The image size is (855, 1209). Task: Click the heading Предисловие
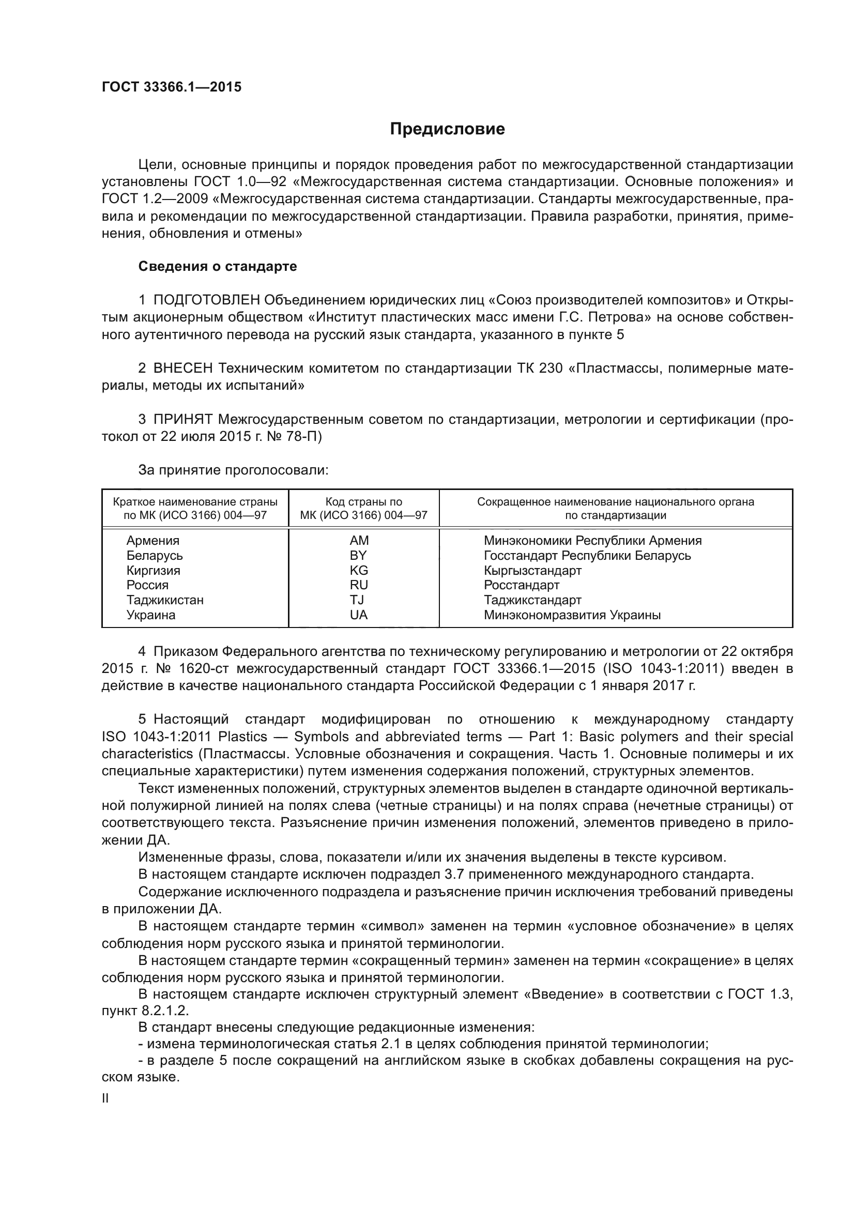[447, 129]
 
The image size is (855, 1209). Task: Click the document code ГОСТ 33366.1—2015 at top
[172, 87]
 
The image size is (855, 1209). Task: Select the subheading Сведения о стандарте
[218, 266]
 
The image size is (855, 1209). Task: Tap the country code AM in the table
[359, 540]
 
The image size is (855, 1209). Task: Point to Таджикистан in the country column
[165, 600]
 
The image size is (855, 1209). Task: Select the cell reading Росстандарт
[521, 585]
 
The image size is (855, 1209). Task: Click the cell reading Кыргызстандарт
[532, 570]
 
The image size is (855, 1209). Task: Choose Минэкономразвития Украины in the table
[572, 615]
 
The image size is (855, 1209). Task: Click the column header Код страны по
[363, 502]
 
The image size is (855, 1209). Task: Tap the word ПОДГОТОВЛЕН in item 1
[206, 300]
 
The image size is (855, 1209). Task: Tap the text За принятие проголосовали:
[233, 470]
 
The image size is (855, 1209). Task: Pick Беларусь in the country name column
[154, 556]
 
